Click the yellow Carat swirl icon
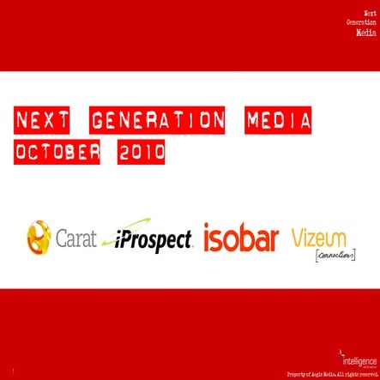pyautogui.click(x=39, y=238)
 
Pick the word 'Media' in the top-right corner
pyautogui.click(x=366, y=32)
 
